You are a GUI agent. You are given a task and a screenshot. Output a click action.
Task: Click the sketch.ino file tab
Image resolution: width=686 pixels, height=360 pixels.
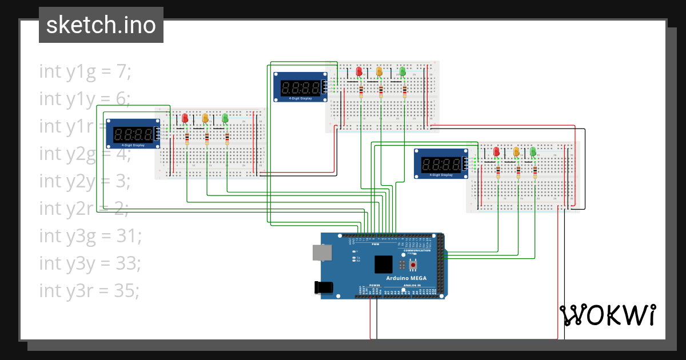(x=101, y=25)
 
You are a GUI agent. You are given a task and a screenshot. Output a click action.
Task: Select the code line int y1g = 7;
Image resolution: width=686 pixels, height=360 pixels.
(x=85, y=71)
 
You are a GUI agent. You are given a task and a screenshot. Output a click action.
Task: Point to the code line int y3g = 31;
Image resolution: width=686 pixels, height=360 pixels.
(x=90, y=235)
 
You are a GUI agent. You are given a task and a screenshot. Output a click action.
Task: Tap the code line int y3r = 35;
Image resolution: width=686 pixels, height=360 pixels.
(x=89, y=290)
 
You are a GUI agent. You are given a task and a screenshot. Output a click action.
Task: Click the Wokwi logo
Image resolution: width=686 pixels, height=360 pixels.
(x=607, y=315)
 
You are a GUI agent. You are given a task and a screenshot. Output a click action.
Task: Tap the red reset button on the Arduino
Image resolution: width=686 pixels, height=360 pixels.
(x=413, y=265)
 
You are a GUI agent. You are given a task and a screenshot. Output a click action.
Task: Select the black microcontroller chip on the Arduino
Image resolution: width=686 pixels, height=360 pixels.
(x=384, y=264)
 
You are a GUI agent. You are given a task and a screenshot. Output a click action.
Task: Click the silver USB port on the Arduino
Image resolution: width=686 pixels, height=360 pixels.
(x=322, y=253)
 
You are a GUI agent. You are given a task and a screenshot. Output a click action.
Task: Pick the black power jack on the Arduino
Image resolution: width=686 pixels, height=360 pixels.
(x=323, y=287)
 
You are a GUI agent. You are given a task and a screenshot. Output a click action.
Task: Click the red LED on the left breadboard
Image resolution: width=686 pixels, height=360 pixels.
(x=185, y=118)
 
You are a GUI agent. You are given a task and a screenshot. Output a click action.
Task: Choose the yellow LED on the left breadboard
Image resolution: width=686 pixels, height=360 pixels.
(x=205, y=118)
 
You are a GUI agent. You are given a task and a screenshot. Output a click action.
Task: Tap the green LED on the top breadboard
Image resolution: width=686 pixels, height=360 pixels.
(x=402, y=71)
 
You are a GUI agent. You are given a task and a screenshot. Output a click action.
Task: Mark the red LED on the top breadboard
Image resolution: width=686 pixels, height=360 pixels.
(x=359, y=71)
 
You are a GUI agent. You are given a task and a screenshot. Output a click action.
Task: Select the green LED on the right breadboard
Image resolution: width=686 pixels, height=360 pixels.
(x=533, y=151)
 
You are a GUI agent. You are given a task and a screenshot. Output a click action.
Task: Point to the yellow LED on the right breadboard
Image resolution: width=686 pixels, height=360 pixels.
(x=516, y=151)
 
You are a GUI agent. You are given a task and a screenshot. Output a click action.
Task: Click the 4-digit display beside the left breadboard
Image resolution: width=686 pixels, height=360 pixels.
(x=133, y=134)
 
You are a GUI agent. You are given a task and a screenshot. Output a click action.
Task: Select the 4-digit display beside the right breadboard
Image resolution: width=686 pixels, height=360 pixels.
(x=441, y=163)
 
